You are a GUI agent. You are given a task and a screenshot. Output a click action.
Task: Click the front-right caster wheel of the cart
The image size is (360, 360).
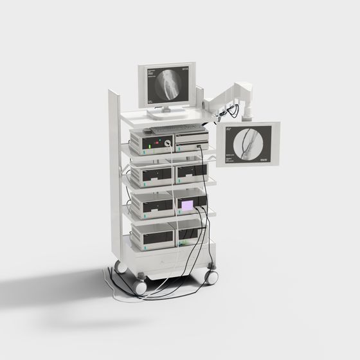tap(210, 277)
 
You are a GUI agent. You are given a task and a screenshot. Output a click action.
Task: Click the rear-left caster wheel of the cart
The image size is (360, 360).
tap(120, 264)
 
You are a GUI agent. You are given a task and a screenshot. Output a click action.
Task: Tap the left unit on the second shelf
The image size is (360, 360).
tap(152, 174)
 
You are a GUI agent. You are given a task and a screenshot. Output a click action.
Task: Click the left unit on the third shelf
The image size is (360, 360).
tap(152, 205)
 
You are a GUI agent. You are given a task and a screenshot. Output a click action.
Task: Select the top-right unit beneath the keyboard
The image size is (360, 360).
tap(192, 138)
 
